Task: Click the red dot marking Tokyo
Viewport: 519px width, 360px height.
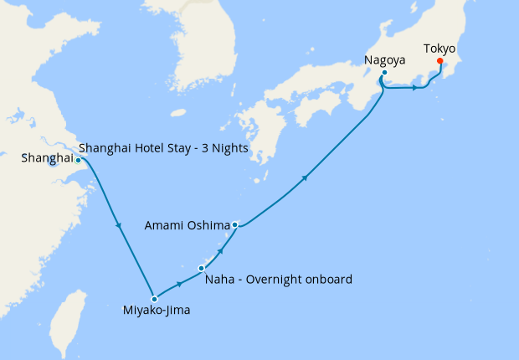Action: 440,70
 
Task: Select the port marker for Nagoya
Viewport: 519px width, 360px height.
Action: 383,73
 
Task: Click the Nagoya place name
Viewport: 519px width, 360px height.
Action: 385,59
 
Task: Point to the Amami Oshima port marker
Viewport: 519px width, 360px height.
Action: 235,224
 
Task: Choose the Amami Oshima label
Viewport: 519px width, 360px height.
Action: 186,225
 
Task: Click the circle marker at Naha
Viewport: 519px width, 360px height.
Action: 201,268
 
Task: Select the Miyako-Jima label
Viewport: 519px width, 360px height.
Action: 156,312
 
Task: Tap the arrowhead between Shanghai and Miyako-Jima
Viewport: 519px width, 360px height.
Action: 121,225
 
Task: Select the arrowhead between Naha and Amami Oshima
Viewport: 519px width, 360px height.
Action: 221,249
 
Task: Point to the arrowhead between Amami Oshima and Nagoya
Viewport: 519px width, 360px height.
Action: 306,177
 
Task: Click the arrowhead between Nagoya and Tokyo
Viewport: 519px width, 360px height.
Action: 415,88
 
